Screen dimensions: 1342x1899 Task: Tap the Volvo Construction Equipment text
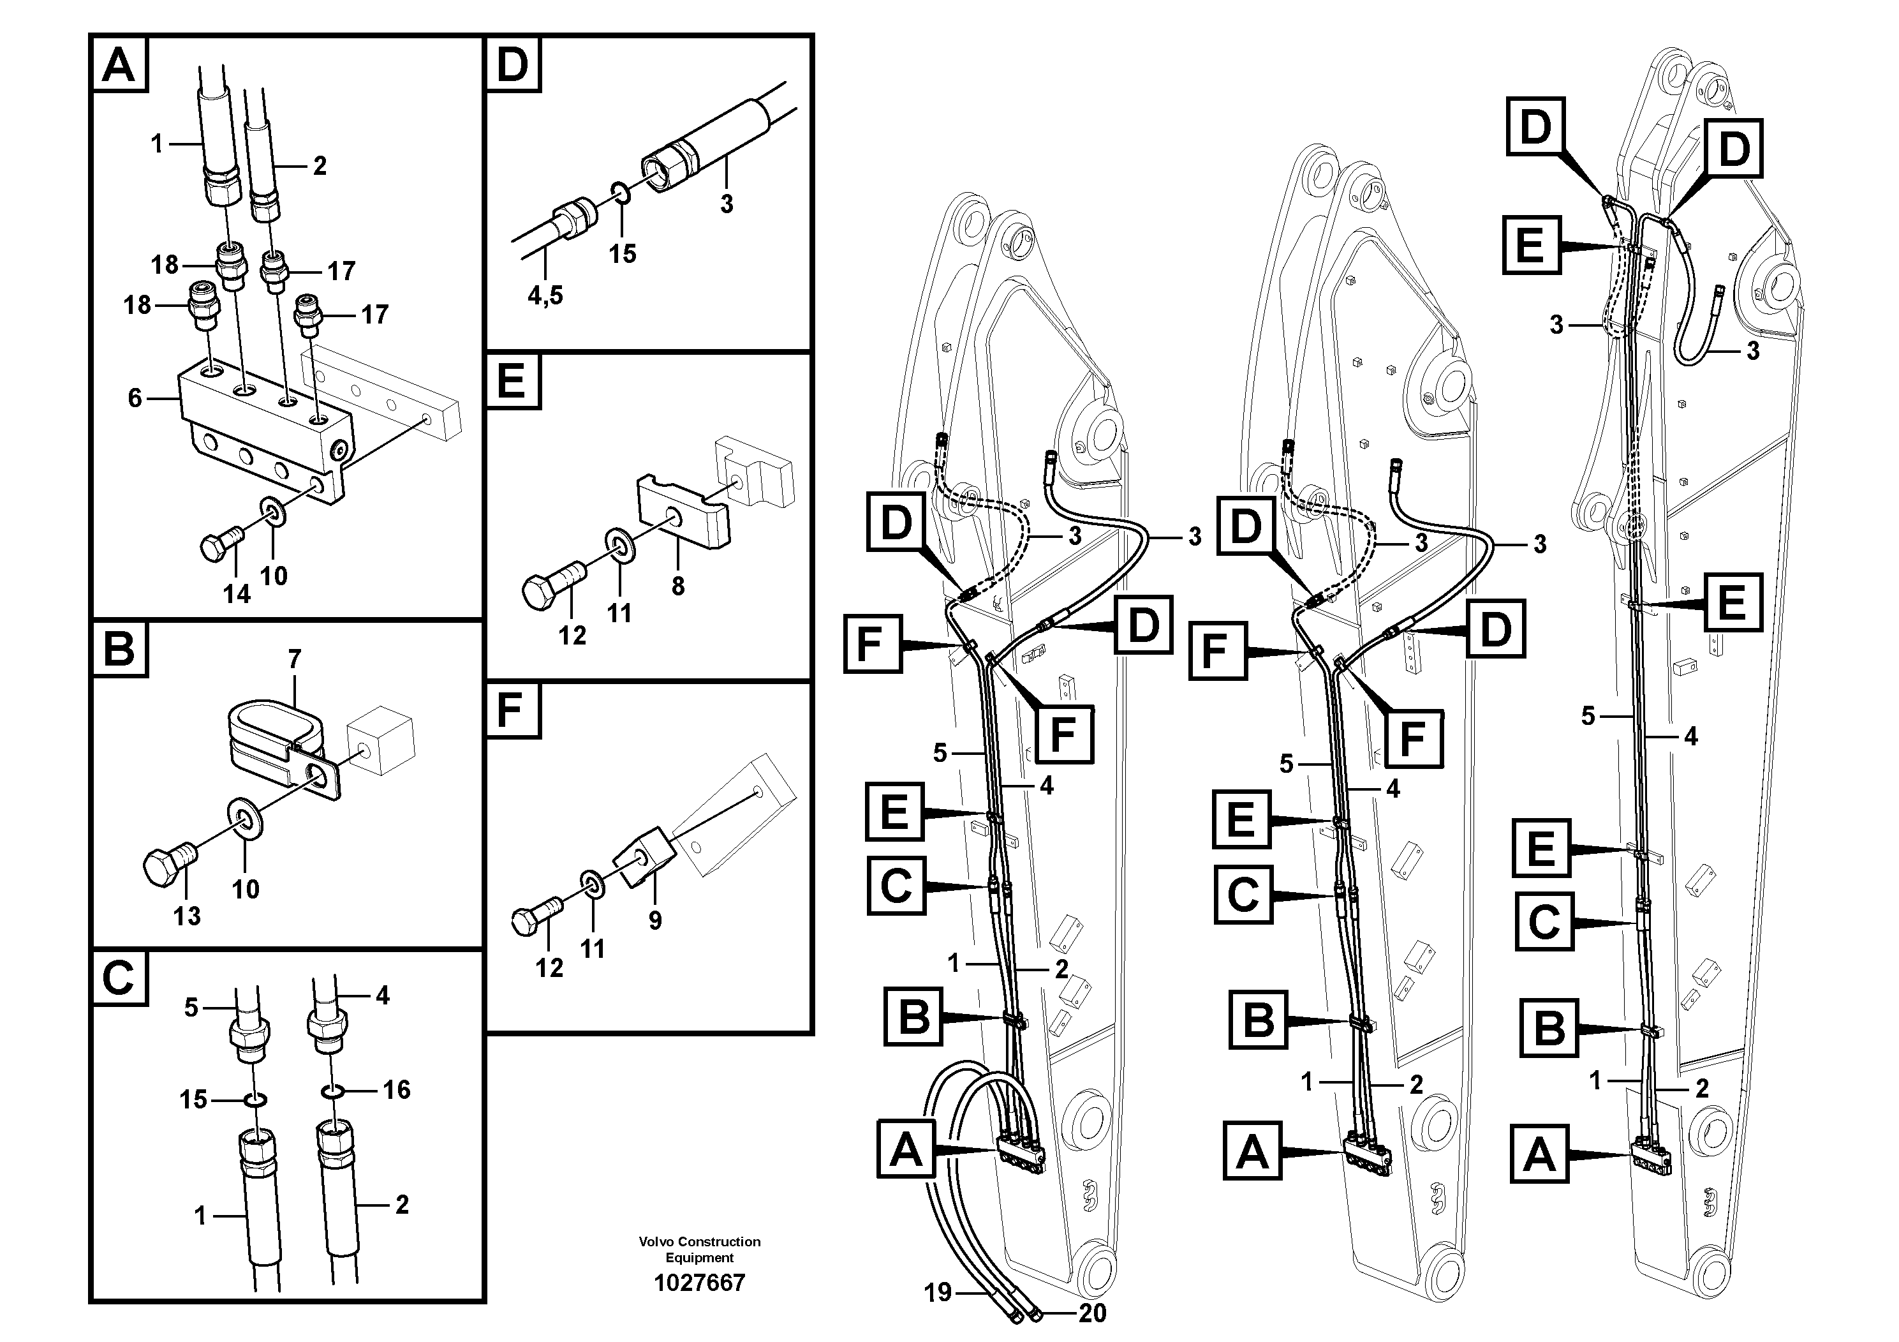[x=699, y=1249]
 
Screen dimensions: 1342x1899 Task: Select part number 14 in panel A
[x=237, y=593]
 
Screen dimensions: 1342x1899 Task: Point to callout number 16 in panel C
[x=396, y=1090]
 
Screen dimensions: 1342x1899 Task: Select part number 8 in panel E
[x=677, y=586]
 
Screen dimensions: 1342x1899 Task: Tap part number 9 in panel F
[x=654, y=920]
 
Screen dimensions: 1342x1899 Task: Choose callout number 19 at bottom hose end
[x=938, y=1292]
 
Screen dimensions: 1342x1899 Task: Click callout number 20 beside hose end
[x=1092, y=1313]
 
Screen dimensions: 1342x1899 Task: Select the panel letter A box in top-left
[x=118, y=64]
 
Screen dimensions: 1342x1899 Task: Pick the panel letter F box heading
[x=513, y=710]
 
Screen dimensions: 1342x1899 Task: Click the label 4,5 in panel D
[x=545, y=295]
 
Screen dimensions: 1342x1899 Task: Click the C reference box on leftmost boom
[x=896, y=885]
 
